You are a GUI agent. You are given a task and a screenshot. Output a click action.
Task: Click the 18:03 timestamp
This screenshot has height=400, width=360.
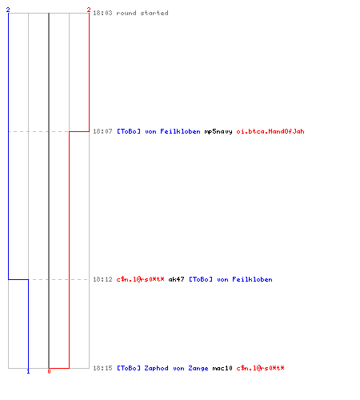pyautogui.click(x=102, y=13)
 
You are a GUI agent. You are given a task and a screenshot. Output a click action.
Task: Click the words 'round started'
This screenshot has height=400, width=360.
pyautogui.click(x=142, y=13)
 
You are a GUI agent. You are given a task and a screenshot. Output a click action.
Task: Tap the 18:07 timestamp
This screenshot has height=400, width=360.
pyautogui.click(x=102, y=131)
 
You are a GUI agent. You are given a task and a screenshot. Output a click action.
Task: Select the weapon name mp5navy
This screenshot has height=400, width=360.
pyautogui.click(x=218, y=131)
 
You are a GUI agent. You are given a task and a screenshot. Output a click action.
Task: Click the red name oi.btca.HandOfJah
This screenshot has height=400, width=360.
pyautogui.click(x=270, y=131)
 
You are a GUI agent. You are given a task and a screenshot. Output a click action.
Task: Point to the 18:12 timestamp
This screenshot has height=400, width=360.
pyautogui.click(x=102, y=279)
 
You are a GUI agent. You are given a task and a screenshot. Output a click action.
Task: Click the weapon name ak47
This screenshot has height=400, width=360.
pyautogui.click(x=176, y=279)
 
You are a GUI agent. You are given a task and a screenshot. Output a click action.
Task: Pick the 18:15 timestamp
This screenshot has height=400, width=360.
pyautogui.click(x=102, y=368)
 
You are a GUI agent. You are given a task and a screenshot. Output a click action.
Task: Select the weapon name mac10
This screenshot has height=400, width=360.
pyautogui.click(x=222, y=368)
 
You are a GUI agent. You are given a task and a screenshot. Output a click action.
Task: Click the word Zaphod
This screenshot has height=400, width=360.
pyautogui.click(x=156, y=368)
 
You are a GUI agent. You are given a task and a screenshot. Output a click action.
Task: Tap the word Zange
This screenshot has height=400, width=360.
pyautogui.click(x=198, y=368)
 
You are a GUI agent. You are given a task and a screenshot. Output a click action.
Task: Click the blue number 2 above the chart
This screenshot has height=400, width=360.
pyautogui.click(x=8, y=10)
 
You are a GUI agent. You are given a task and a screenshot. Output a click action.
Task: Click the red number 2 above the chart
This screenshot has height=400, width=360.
pyautogui.click(x=89, y=10)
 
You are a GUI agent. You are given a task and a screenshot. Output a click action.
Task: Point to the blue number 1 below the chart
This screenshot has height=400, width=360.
pyautogui.click(x=28, y=371)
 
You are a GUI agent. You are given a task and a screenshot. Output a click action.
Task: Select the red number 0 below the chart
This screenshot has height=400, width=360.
pyautogui.click(x=49, y=371)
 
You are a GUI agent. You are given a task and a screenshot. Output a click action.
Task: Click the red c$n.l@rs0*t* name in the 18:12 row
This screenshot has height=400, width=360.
pyautogui.click(x=141, y=279)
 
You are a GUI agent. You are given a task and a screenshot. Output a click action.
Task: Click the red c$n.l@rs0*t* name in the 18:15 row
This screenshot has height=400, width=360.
pyautogui.click(x=261, y=368)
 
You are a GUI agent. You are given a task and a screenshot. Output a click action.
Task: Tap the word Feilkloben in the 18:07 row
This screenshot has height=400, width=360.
pyautogui.click(x=180, y=131)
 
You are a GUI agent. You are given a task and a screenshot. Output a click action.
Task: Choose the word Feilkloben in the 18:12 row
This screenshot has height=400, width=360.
pyautogui.click(x=252, y=279)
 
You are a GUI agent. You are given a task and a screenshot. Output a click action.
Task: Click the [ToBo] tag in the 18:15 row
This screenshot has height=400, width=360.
pyautogui.click(x=129, y=368)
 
